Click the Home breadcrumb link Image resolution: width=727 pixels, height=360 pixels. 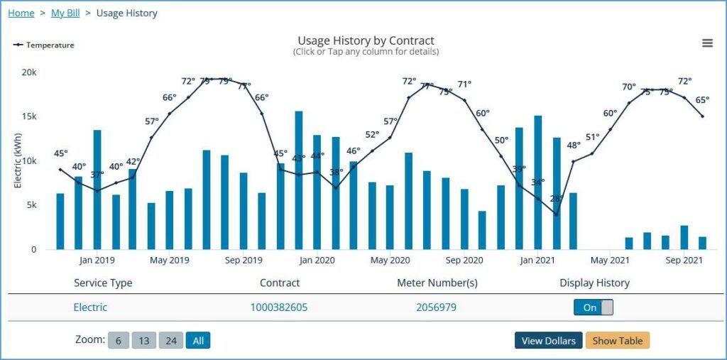point(21,13)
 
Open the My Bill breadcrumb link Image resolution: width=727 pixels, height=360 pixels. point(65,13)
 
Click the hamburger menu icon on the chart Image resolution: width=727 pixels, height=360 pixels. point(707,43)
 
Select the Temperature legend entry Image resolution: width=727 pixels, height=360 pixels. point(44,45)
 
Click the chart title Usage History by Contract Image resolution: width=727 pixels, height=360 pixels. point(366,40)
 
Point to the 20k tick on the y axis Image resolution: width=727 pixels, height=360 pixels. point(29,72)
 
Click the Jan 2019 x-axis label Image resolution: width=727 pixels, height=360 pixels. point(97,260)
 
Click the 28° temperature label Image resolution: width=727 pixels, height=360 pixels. point(557,199)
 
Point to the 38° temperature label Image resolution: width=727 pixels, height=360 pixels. point(337,173)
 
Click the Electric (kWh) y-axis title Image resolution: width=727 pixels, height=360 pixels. point(18,160)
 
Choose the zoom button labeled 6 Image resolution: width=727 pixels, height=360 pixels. point(118,341)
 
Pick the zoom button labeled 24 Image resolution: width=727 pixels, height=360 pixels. point(170,341)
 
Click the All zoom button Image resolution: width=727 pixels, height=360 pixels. point(198,341)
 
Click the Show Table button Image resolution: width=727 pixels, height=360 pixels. point(617,341)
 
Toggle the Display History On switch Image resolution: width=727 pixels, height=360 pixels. point(593,307)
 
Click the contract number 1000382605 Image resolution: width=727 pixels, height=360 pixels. point(279,307)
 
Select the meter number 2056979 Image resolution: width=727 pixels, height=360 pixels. point(436,307)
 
